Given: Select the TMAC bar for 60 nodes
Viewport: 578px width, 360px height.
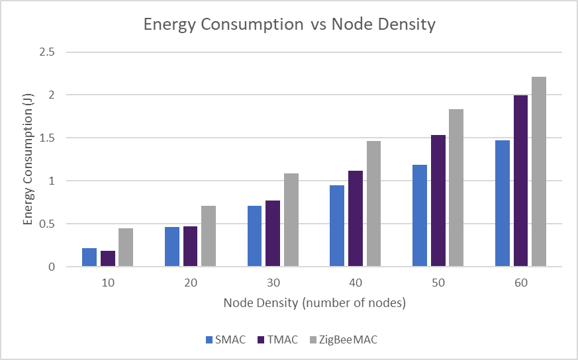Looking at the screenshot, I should click(520, 181).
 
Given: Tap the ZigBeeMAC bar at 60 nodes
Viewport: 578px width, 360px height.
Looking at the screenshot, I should click(538, 172).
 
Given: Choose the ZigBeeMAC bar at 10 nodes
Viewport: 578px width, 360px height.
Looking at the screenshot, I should click(126, 247).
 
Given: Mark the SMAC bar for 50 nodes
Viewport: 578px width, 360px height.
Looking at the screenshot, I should click(419, 216).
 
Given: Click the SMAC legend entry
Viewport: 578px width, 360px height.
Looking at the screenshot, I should click(225, 339).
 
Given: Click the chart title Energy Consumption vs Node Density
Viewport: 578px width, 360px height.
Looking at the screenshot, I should click(289, 25).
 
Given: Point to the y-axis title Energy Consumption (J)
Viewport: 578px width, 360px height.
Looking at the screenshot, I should click(28, 159).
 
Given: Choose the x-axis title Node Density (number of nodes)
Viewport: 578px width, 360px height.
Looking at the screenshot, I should click(314, 303).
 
